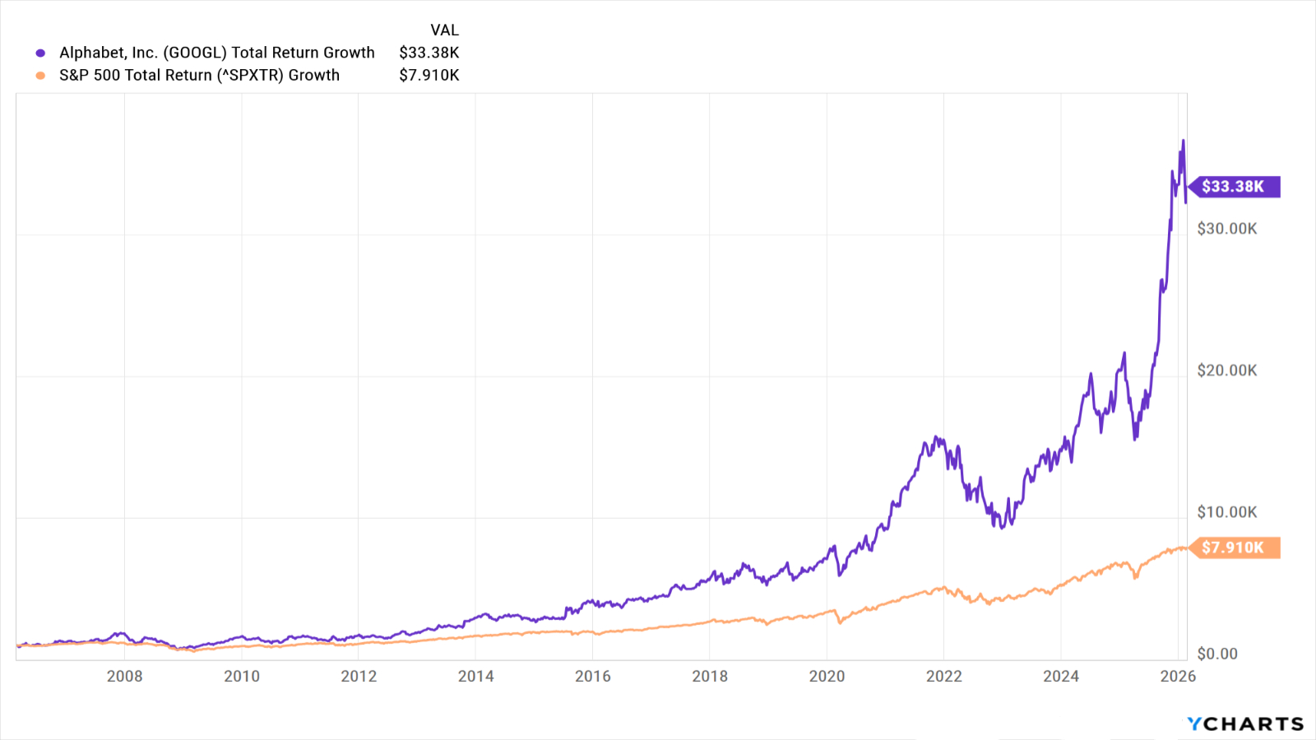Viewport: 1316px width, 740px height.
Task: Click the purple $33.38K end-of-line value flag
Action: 1234,187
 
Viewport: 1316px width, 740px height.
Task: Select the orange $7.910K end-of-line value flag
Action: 1234,548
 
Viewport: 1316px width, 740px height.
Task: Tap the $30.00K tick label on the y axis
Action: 1226,229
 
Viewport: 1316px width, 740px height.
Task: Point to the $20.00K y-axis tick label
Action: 1226,371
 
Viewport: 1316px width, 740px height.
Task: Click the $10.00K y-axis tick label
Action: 1226,512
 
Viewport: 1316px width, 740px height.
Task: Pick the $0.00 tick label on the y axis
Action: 1217,654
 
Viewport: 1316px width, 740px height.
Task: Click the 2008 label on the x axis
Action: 124,676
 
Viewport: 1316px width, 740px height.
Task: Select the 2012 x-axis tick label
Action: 359,676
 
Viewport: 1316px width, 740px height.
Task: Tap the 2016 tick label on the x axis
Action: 592,676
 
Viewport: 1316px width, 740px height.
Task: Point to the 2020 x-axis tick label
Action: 827,676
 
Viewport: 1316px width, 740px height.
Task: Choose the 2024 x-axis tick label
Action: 1060,676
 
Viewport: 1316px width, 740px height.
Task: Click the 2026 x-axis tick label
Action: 1178,676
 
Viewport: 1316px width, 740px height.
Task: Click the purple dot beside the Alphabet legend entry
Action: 40,53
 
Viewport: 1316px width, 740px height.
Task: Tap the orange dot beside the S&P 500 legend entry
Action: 40,76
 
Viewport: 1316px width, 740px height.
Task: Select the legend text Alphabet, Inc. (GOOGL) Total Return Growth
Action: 217,53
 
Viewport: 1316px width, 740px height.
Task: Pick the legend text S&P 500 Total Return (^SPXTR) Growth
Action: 199,75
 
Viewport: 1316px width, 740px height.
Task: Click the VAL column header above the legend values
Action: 444,30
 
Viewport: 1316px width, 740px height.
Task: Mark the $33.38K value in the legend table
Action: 429,53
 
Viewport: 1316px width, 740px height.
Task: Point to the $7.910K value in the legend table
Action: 429,75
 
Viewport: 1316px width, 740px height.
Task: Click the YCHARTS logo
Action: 1245,724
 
